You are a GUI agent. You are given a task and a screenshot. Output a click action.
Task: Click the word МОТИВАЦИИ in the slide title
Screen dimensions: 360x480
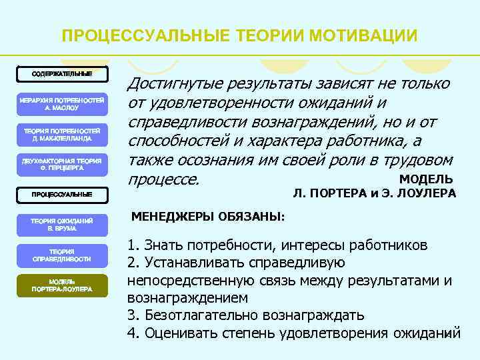click(366, 35)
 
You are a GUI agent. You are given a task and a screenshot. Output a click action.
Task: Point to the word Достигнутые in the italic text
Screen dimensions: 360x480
click(175, 84)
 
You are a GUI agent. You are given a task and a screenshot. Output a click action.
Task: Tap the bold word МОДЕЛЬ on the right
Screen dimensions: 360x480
click(426, 179)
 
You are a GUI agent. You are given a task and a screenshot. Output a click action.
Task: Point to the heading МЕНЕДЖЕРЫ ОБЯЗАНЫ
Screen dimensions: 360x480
click(207, 217)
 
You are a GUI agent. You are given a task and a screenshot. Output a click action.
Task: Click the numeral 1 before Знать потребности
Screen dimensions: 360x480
click(131, 245)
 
